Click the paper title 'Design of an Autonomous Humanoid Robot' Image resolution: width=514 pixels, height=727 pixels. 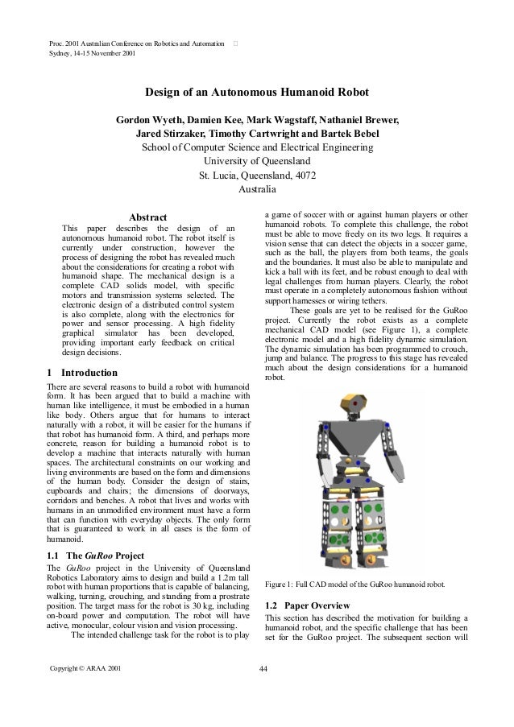point(257,93)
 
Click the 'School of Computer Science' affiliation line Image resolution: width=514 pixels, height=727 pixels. point(257,148)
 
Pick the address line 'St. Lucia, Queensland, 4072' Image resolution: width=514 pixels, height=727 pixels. point(257,176)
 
